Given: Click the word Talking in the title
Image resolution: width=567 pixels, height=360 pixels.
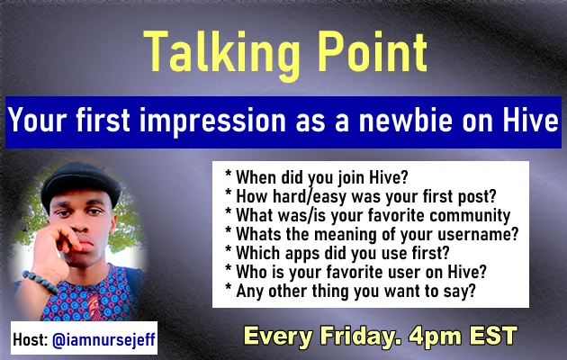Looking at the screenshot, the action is [x=221, y=53].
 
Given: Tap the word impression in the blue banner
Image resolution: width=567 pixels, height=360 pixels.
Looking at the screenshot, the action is [x=212, y=121].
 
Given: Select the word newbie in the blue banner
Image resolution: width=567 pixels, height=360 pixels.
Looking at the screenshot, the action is [x=405, y=120].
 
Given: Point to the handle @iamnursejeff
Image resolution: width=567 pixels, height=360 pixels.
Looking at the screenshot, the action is [x=103, y=340].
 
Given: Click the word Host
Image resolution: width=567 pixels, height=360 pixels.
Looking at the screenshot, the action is [x=31, y=339].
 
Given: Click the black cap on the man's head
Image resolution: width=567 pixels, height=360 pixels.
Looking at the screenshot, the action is [x=80, y=185].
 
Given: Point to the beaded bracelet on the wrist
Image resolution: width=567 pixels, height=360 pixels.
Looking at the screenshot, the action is [x=40, y=282].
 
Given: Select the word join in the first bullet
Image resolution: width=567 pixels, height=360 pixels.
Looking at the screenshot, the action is [x=352, y=177].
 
